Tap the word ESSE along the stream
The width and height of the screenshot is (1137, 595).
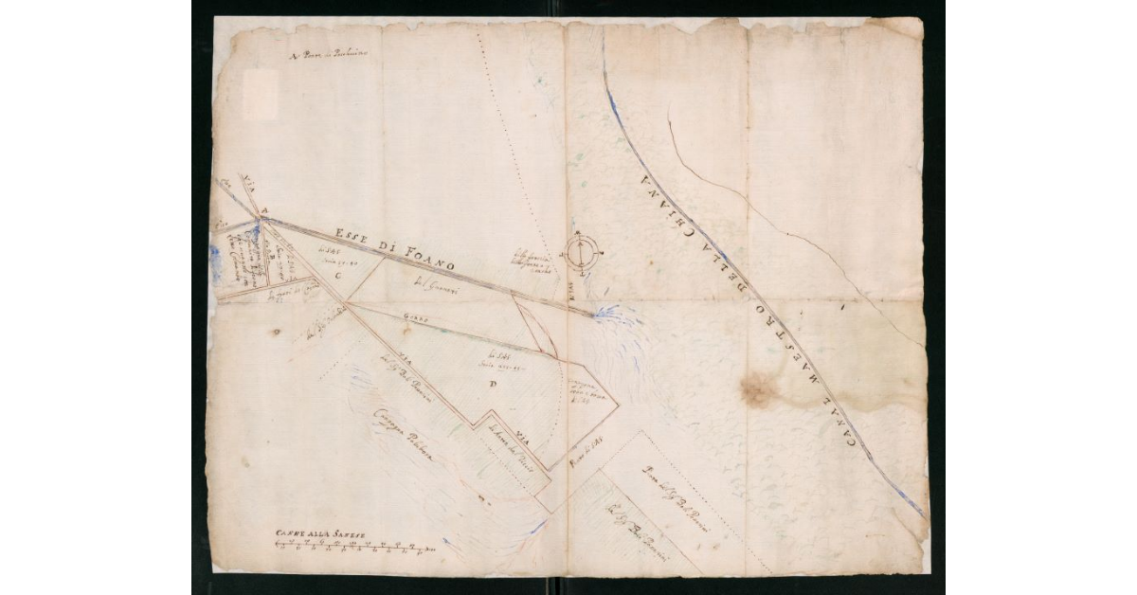click(352, 238)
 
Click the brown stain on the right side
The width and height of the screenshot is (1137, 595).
click(758, 388)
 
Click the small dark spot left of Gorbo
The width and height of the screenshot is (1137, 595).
click(277, 332)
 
